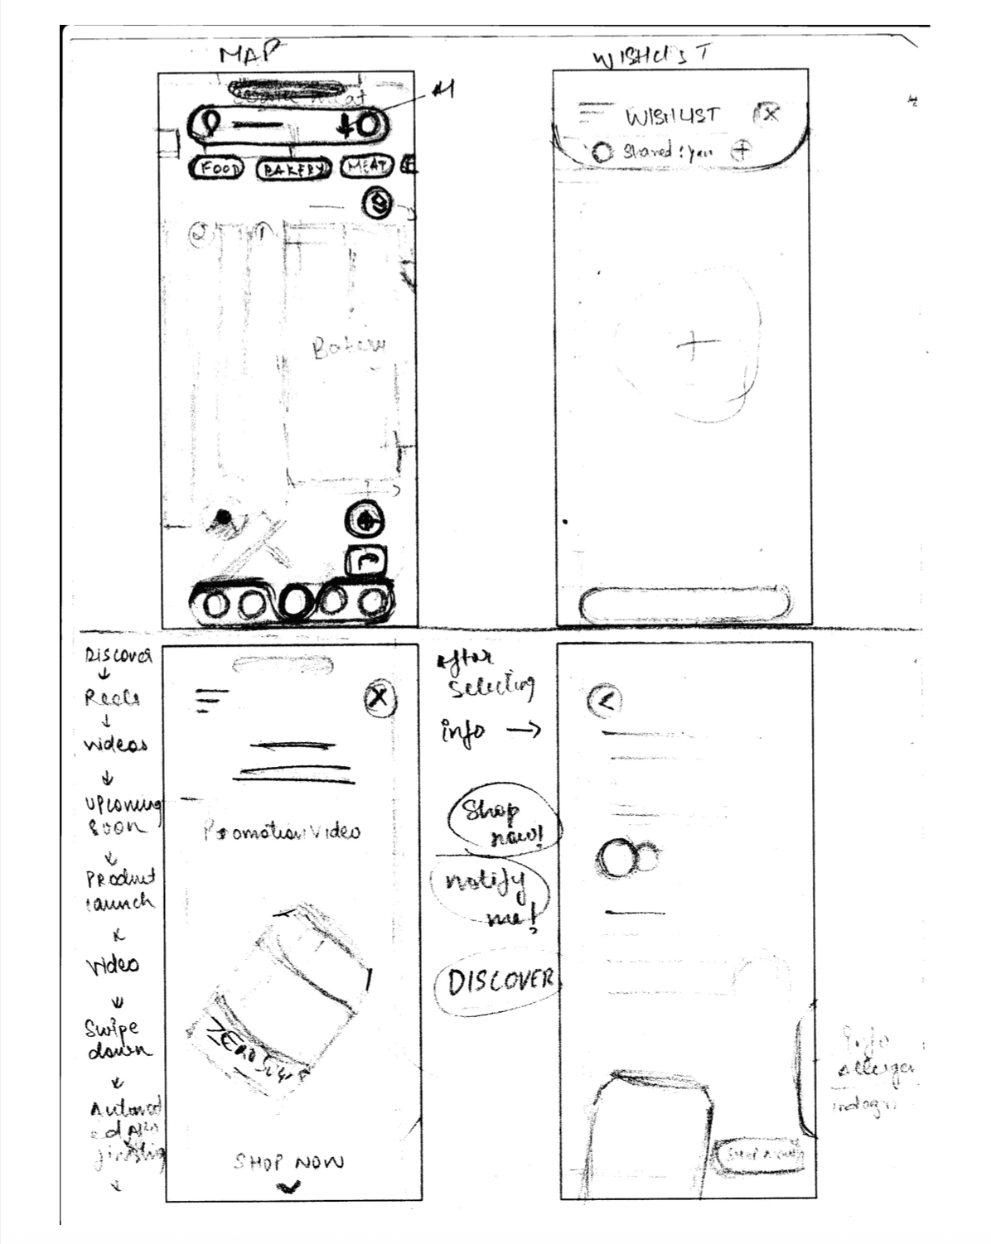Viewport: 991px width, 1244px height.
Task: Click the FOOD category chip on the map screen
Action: click(x=218, y=168)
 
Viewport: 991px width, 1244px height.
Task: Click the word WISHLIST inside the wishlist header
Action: click(x=673, y=116)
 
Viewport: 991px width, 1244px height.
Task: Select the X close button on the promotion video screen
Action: click(x=380, y=698)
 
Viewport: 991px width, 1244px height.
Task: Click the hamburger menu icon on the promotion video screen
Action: click(x=212, y=700)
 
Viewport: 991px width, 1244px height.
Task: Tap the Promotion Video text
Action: click(x=282, y=831)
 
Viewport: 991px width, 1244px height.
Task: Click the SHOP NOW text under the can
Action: click(x=288, y=1162)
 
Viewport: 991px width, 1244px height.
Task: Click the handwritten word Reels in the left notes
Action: click(x=112, y=698)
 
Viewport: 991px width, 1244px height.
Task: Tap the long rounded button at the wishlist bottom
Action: click(x=683, y=604)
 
